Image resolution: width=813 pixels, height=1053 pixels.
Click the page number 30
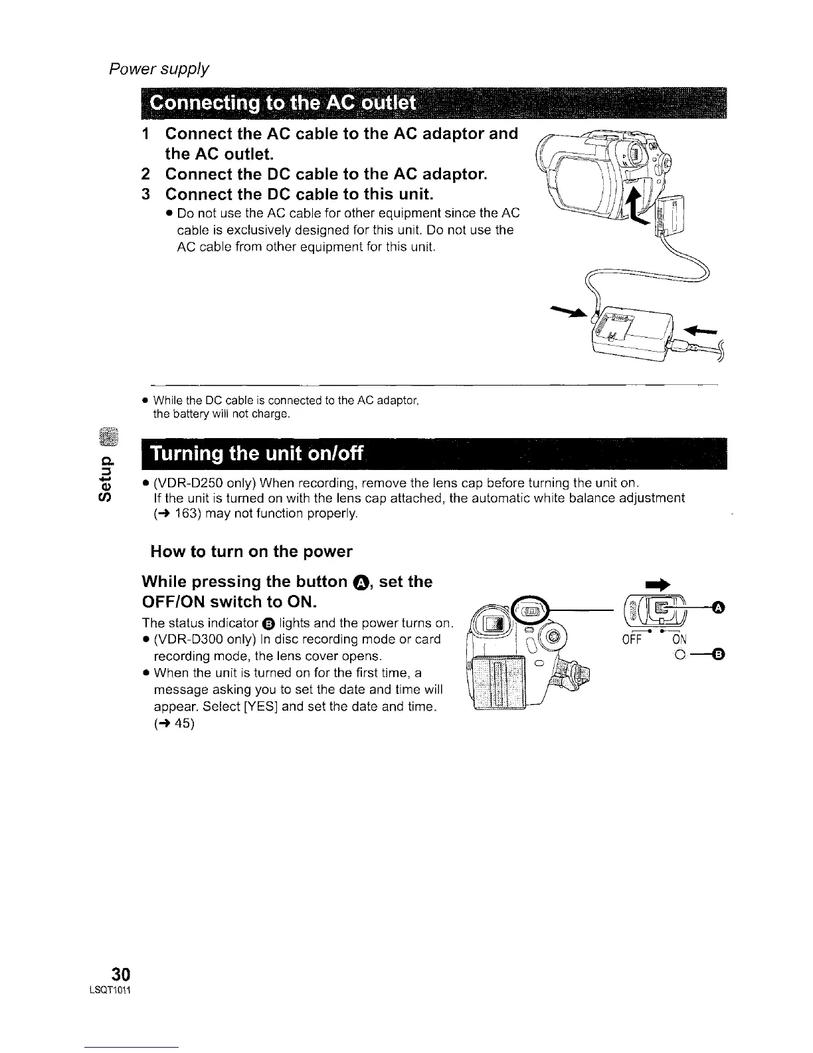pyautogui.click(x=120, y=975)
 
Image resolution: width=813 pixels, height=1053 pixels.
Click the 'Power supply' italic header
pyautogui.click(x=159, y=68)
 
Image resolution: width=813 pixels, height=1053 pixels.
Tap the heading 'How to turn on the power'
pyautogui.click(x=251, y=552)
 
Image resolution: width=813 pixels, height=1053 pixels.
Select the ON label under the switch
pyautogui.click(x=679, y=641)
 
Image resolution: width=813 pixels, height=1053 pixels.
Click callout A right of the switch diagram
pyautogui.click(x=718, y=606)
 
